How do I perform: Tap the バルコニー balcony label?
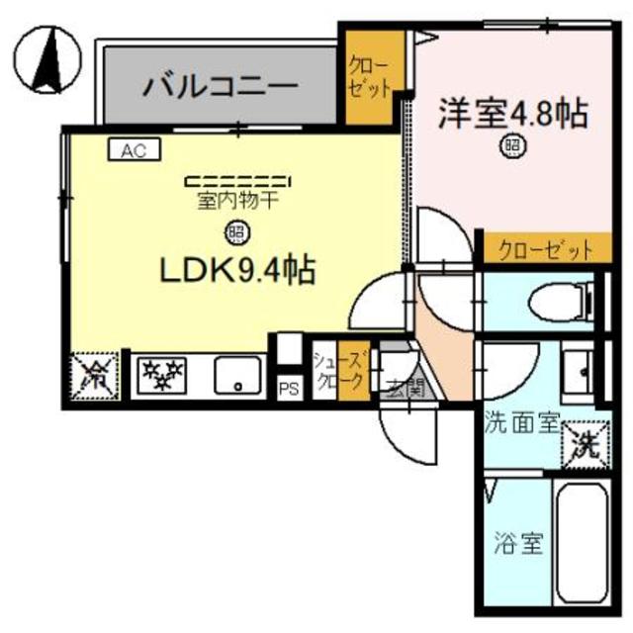[221, 85]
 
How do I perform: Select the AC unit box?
[135, 150]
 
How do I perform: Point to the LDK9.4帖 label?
[237, 269]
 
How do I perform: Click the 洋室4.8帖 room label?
[513, 113]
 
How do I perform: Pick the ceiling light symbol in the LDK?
[237, 233]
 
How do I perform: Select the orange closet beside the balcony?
[372, 77]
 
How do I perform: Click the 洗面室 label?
[522, 424]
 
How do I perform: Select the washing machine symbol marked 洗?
[584, 441]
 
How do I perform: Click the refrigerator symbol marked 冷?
[95, 376]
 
